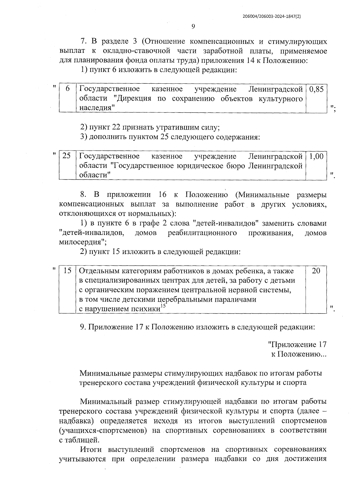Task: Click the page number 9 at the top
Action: [x=193, y=27]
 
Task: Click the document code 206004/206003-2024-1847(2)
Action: [x=272, y=17]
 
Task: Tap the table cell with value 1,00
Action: [x=316, y=156]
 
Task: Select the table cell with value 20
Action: [x=316, y=271]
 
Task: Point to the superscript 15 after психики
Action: [x=163, y=306]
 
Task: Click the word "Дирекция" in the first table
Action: [x=134, y=98]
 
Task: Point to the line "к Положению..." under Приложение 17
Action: [x=298, y=354]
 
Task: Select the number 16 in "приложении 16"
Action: [x=162, y=195]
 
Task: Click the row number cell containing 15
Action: [x=67, y=271]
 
